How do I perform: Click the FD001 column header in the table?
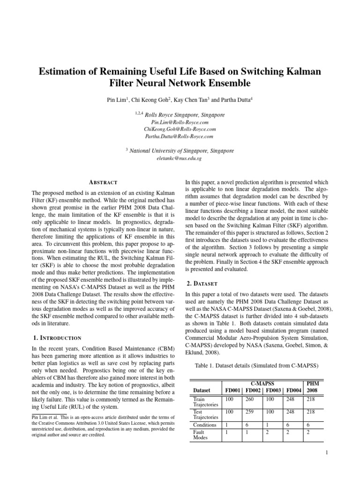[x=233, y=390]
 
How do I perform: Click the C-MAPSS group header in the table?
[x=263, y=383]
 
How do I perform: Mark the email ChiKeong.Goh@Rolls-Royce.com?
[x=180, y=129]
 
